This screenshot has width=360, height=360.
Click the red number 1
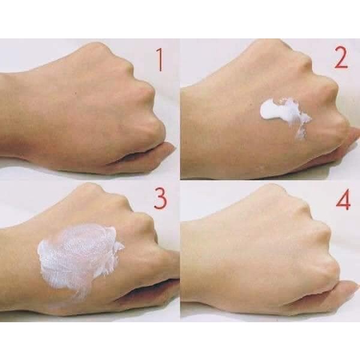click(160, 60)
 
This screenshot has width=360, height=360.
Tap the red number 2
click(341, 58)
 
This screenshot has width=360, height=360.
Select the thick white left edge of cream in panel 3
click(44, 257)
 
